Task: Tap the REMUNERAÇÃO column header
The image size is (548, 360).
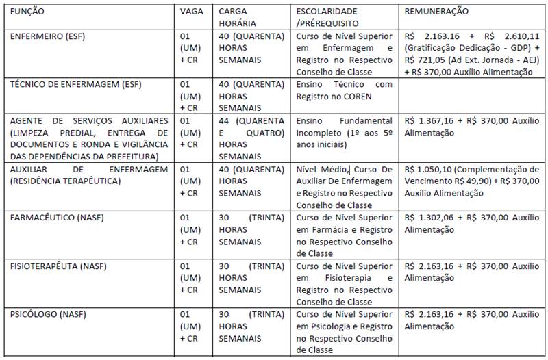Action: pos(437,12)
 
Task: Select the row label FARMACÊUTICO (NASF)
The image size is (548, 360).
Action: pos(51,218)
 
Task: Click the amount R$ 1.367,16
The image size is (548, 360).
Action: pos(429,120)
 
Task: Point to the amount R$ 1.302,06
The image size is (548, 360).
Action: pos(429,218)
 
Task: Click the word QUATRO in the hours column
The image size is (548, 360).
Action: pos(264,133)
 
